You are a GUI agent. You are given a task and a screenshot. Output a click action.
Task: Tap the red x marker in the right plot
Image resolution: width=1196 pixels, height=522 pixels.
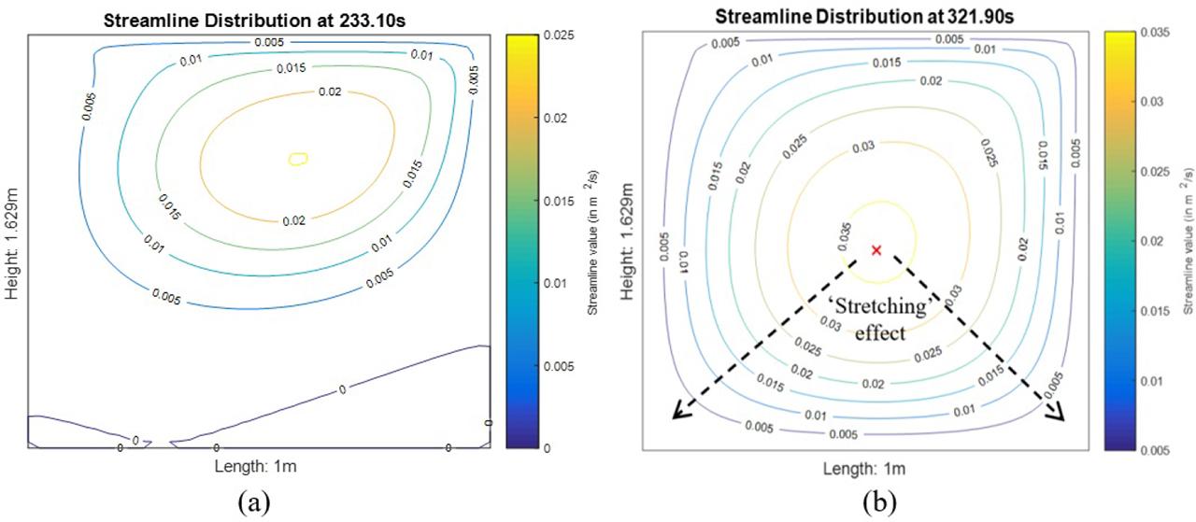[x=876, y=250]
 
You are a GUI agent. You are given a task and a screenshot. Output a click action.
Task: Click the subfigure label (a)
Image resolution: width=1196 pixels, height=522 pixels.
[x=253, y=502]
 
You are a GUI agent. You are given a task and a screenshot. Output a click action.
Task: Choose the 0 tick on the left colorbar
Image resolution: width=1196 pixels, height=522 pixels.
[x=552, y=448]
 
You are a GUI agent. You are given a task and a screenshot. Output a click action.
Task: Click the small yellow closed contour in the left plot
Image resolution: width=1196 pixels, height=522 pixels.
[x=298, y=160]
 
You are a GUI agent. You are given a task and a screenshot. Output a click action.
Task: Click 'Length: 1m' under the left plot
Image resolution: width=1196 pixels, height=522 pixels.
[x=259, y=464]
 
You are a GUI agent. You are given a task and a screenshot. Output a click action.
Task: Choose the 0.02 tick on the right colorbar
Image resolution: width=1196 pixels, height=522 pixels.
[x=1159, y=240]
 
